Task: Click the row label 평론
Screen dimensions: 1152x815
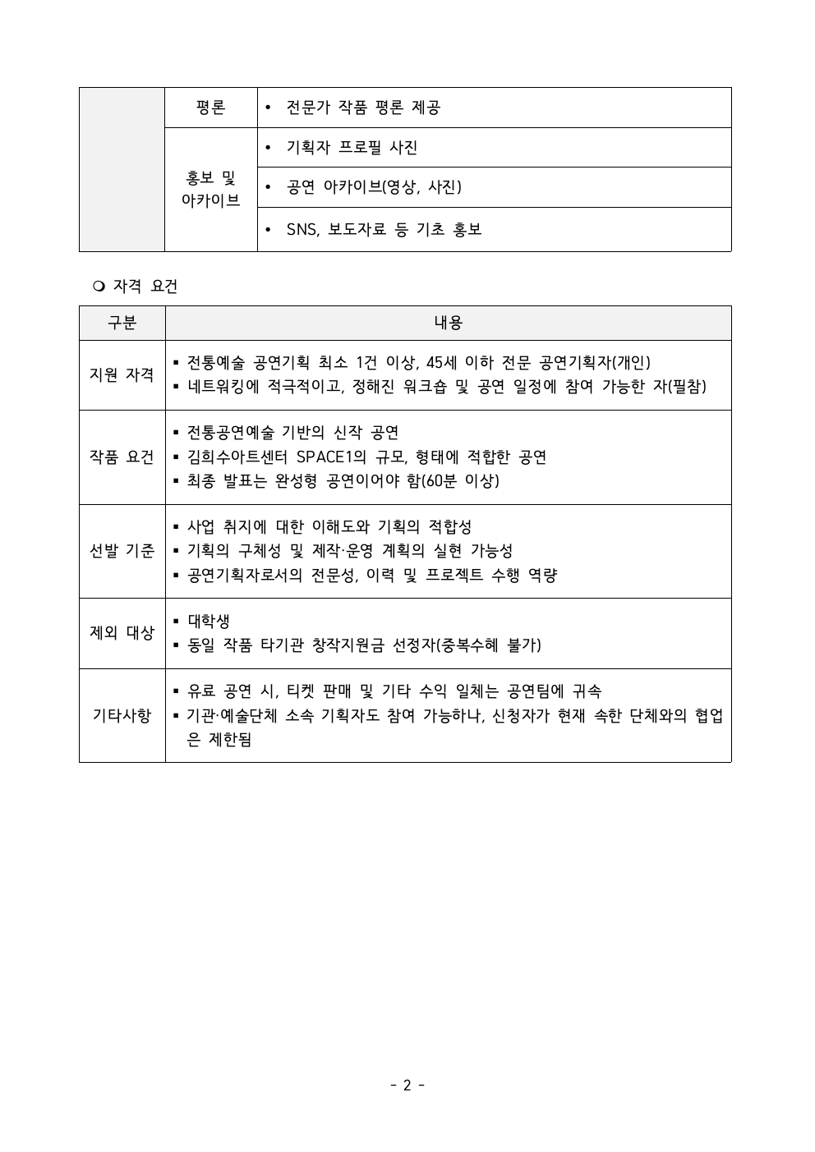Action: tap(210, 108)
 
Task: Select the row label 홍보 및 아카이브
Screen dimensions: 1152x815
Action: tap(210, 188)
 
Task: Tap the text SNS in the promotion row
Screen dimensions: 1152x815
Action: tap(302, 229)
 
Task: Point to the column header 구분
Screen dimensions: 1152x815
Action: tap(122, 323)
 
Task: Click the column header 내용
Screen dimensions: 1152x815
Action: tap(448, 323)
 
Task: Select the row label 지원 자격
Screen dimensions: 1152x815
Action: tap(122, 374)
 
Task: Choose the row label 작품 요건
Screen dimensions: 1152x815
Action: tap(122, 457)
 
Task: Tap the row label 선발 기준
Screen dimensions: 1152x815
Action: tap(122, 550)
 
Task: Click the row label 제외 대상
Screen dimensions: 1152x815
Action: tap(122, 632)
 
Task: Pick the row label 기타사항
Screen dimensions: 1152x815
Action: tap(122, 715)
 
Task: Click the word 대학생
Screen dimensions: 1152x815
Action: tap(209, 621)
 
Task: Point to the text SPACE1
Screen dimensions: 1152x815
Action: tap(331, 457)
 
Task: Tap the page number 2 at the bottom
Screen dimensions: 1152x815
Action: tap(407, 1085)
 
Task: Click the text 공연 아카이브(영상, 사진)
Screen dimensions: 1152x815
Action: tap(374, 187)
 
